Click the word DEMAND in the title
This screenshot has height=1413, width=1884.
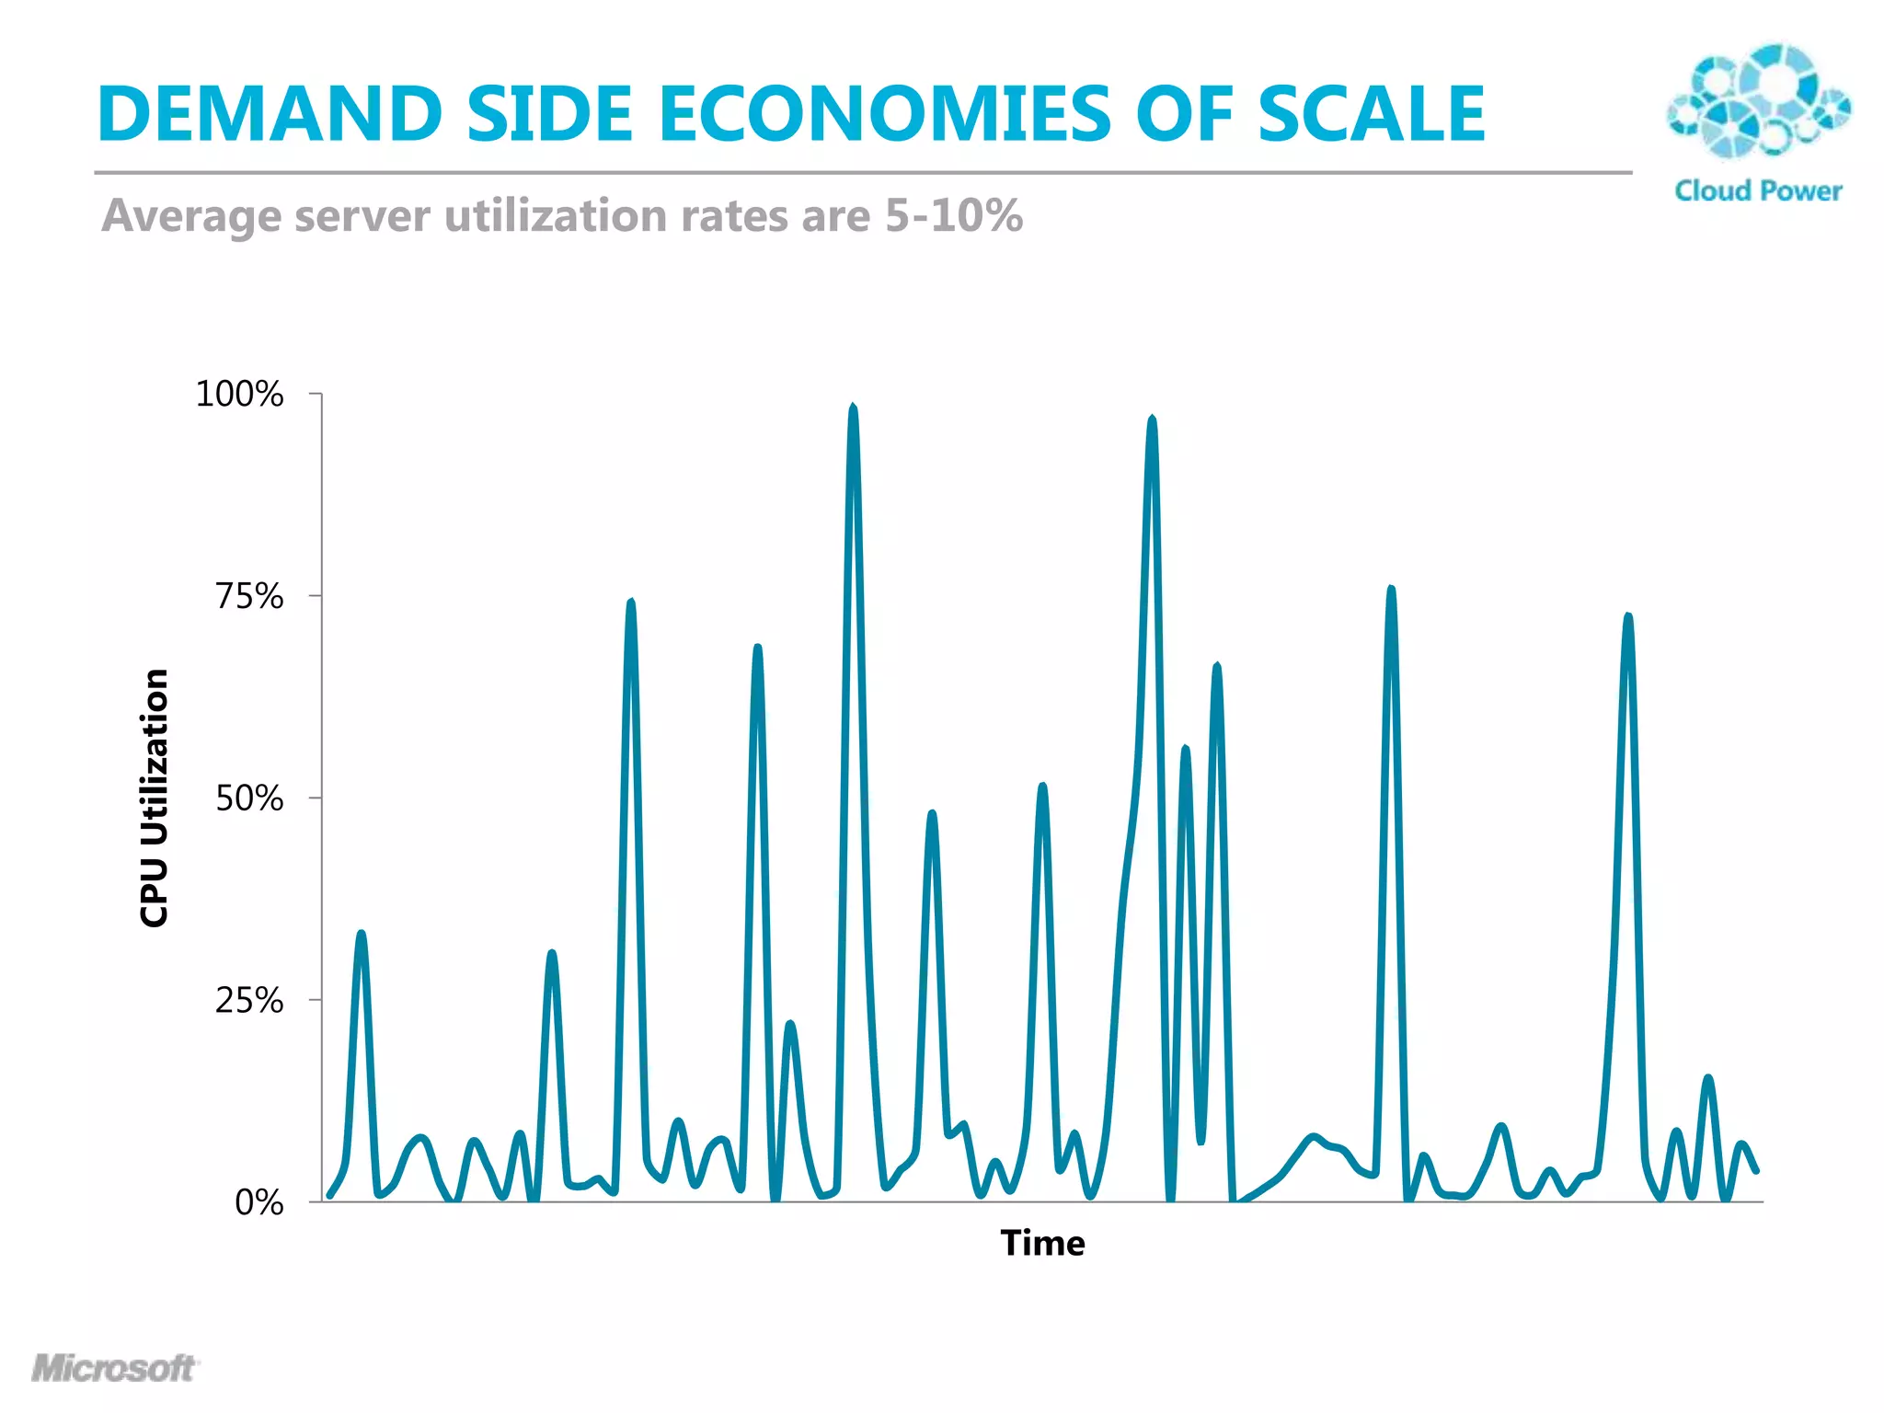point(270,114)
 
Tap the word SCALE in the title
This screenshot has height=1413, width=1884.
point(1371,114)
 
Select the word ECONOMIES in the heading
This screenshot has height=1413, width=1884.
point(884,114)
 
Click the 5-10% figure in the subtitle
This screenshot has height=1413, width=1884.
point(954,216)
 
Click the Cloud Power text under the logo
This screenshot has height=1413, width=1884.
point(1758,191)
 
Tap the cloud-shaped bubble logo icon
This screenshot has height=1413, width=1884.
point(1758,101)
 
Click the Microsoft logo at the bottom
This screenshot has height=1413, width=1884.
point(114,1368)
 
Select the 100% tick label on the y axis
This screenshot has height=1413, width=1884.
point(239,395)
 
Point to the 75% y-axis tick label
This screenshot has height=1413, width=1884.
point(249,596)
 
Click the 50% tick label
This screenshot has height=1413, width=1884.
point(249,798)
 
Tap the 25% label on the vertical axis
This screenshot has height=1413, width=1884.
point(249,1000)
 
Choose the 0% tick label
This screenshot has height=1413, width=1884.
point(258,1202)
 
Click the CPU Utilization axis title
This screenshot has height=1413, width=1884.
point(155,798)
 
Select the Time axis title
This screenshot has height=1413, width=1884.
point(1042,1244)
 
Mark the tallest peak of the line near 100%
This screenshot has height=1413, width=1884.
point(853,409)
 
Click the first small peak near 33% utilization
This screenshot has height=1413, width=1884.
point(362,936)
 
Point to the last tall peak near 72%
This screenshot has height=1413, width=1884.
point(1628,618)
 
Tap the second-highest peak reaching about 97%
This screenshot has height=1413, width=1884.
point(1152,421)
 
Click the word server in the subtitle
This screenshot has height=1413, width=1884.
point(362,216)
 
